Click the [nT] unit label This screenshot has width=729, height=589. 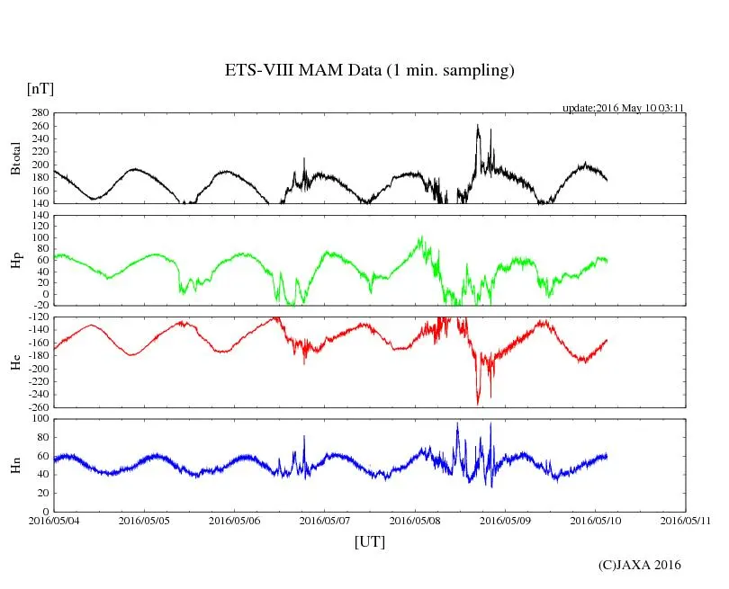[40, 89]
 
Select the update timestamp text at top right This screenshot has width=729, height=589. [624, 108]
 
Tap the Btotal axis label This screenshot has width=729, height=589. [15, 158]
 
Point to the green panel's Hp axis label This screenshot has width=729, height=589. [15, 260]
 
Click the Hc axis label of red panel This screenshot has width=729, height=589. [15, 362]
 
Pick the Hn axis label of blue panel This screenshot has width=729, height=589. [15, 465]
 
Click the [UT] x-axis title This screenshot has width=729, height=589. [369, 542]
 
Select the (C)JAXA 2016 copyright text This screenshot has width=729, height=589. [639, 565]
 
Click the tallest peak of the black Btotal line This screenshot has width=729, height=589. [478, 126]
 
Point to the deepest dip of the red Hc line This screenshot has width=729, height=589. [478, 403]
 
